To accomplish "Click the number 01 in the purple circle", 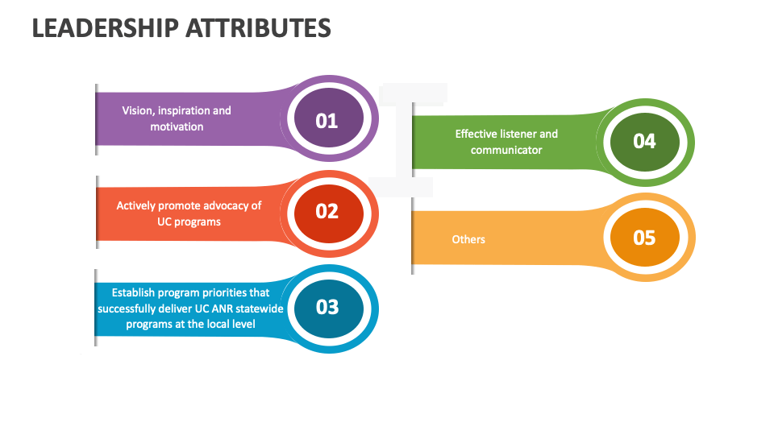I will click(x=327, y=121).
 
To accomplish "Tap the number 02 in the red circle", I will click(x=327, y=211).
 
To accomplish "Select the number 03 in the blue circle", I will click(x=327, y=307).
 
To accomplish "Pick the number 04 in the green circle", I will click(x=644, y=141).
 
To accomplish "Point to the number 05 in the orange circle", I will click(x=644, y=238).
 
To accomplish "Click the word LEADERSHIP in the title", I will click(x=105, y=28).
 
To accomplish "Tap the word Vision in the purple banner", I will click(x=137, y=110).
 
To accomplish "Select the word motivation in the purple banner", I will click(x=177, y=126).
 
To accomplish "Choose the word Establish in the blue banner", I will click(x=135, y=292).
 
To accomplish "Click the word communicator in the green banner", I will click(x=506, y=150).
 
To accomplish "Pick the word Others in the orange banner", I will click(x=468, y=239).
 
